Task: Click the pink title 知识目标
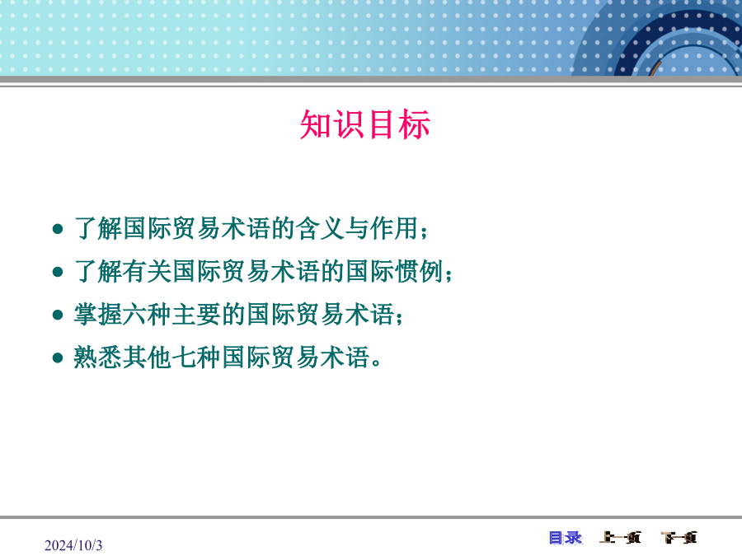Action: (x=365, y=124)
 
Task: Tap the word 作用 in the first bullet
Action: (x=394, y=228)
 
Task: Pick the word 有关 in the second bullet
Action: (x=148, y=271)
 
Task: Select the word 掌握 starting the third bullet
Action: (x=98, y=315)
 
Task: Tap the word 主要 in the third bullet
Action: (x=197, y=315)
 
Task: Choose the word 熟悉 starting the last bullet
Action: (x=98, y=357)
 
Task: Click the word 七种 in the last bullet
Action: (x=197, y=357)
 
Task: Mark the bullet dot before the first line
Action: (x=58, y=229)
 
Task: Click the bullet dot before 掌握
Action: (x=58, y=315)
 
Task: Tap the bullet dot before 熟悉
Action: (x=58, y=358)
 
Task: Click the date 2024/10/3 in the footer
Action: (x=73, y=545)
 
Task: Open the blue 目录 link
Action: (x=566, y=538)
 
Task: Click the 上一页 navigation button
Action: (x=620, y=538)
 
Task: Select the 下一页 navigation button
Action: (x=679, y=538)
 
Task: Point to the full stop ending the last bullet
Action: (x=376, y=363)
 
